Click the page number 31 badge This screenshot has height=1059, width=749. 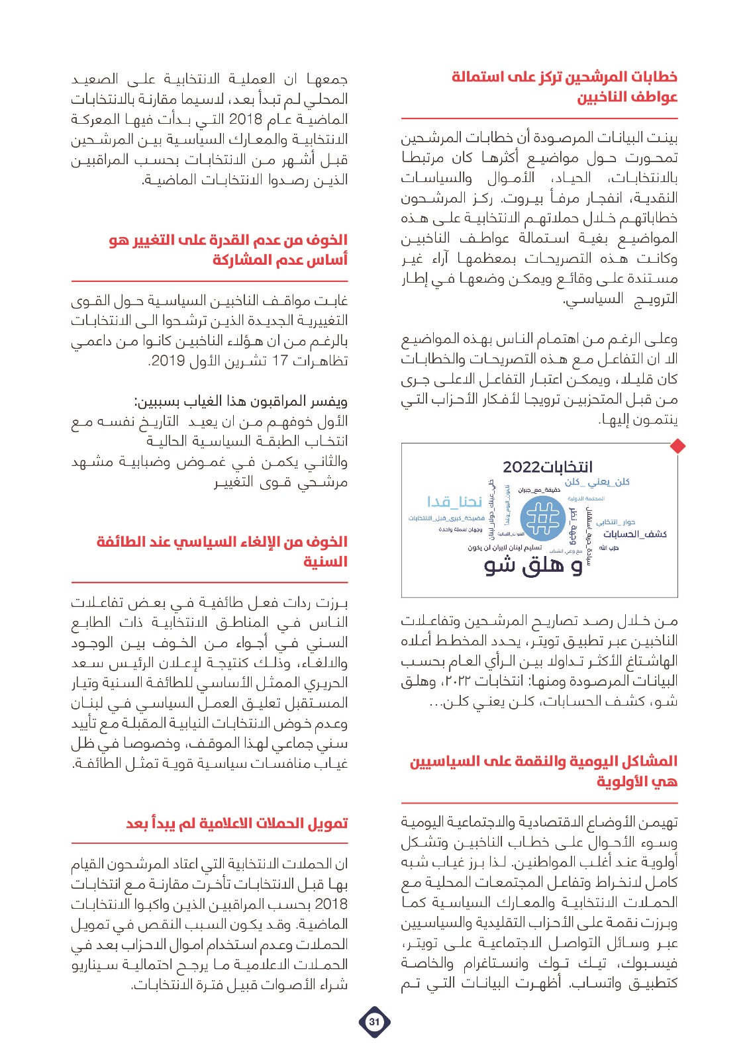pyautogui.click(x=374, y=1021)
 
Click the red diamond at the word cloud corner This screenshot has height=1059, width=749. pyautogui.click(x=677, y=446)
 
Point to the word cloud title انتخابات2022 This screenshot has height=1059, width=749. pyautogui.click(x=548, y=467)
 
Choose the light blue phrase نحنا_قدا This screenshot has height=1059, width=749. pyautogui.click(x=454, y=501)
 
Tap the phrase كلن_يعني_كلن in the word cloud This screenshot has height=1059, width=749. pyautogui.click(x=597, y=482)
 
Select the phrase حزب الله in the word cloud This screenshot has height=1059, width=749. pyautogui.click(x=608, y=548)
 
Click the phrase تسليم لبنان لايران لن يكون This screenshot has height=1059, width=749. pyautogui.click(x=505, y=548)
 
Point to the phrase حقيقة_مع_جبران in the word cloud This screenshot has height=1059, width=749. pyautogui.click(x=539, y=490)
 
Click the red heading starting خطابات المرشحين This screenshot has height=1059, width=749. pyautogui.click(x=564, y=87)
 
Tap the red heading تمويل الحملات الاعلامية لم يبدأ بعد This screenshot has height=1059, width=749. pyautogui.click(x=236, y=823)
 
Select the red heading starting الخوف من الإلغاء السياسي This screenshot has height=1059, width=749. pyautogui.click(x=222, y=551)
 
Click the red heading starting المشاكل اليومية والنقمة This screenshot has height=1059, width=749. pyautogui.click(x=543, y=771)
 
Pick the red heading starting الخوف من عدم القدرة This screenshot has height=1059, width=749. pyautogui.click(x=228, y=250)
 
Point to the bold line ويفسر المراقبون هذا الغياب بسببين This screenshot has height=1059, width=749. pyautogui.click(x=241, y=401)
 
